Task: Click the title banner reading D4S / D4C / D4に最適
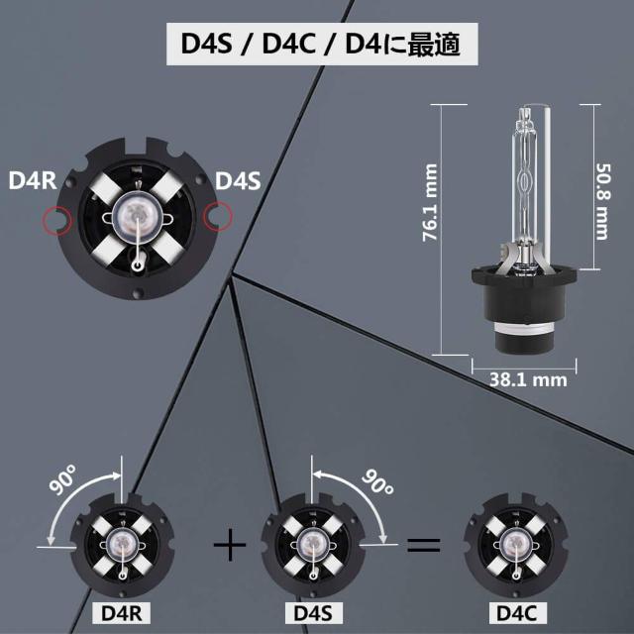tap(316, 45)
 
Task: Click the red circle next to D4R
tap(56, 217)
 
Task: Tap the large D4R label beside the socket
tap(31, 181)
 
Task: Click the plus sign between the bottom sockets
tap(230, 544)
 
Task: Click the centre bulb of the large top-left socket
tap(136, 212)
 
